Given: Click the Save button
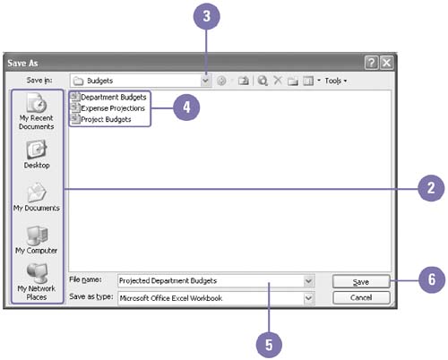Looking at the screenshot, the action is [x=361, y=281].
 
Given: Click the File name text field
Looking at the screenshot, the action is [x=211, y=281].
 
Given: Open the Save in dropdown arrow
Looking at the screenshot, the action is [x=205, y=81].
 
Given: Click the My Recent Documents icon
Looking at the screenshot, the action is [x=37, y=103].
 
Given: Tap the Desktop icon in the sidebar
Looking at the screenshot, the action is [x=37, y=150].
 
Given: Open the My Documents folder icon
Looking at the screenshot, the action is [x=37, y=193].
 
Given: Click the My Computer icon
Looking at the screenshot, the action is [x=37, y=236].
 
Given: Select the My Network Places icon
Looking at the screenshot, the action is [x=37, y=273].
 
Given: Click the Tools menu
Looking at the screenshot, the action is [x=336, y=81].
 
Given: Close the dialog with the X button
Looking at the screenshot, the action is [x=387, y=63].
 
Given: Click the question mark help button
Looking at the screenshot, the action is [x=372, y=63].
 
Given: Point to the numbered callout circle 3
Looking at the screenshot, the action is [x=207, y=16].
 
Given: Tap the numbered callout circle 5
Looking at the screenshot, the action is [x=269, y=345].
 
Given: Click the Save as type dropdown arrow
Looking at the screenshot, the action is [x=308, y=298].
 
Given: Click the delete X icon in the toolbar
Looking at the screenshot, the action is [x=278, y=80].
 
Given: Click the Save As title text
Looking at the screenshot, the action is [x=22, y=63].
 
